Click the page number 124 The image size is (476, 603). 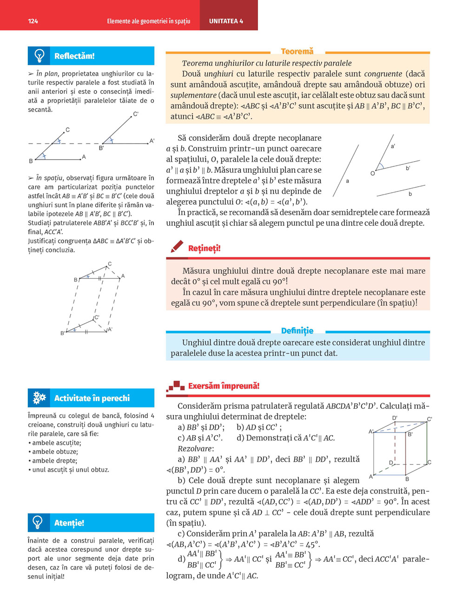tap(33, 21)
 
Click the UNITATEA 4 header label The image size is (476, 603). tap(226, 21)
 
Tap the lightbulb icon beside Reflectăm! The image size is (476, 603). tap(39, 56)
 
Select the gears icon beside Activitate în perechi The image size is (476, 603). tap(39, 398)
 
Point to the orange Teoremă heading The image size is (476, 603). tap(297, 52)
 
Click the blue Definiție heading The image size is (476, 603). tap(297, 331)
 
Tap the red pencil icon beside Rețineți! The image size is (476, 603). tap(177, 247)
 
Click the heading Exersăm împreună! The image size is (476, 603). tap(224, 386)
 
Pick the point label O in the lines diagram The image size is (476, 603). tap(372, 173)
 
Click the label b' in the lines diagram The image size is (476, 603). tap(408, 168)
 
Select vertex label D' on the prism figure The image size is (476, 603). tap(395, 418)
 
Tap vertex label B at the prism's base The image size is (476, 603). tap(407, 479)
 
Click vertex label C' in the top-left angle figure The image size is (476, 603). tap(136, 114)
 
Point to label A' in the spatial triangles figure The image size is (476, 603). tap(110, 330)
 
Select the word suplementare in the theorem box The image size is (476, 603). tap(193, 95)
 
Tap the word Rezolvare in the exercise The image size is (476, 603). tap(195, 449)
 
